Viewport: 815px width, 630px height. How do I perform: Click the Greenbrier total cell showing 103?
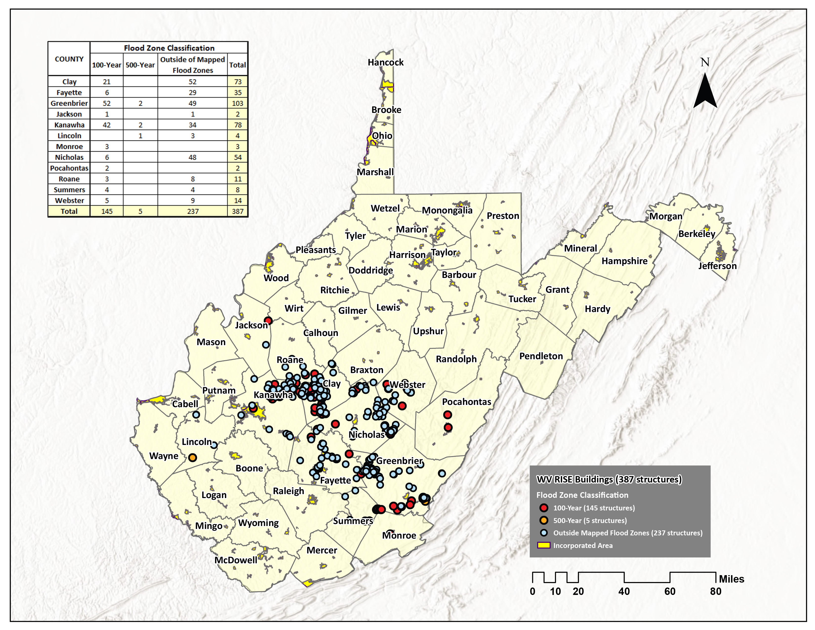238,103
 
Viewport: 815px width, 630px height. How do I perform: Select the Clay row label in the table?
69,82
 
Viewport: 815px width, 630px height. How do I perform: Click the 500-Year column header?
140,65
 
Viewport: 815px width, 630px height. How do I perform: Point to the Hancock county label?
386,62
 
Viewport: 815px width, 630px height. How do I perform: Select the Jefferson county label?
717,266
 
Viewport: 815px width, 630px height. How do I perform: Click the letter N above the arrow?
705,62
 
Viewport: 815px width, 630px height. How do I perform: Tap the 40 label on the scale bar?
624,591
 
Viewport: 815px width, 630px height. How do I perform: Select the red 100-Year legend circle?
544,508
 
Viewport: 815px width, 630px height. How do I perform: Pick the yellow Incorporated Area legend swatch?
544,545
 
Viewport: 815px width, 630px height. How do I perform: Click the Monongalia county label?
447,210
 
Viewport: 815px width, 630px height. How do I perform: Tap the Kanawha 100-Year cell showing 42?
107,125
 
